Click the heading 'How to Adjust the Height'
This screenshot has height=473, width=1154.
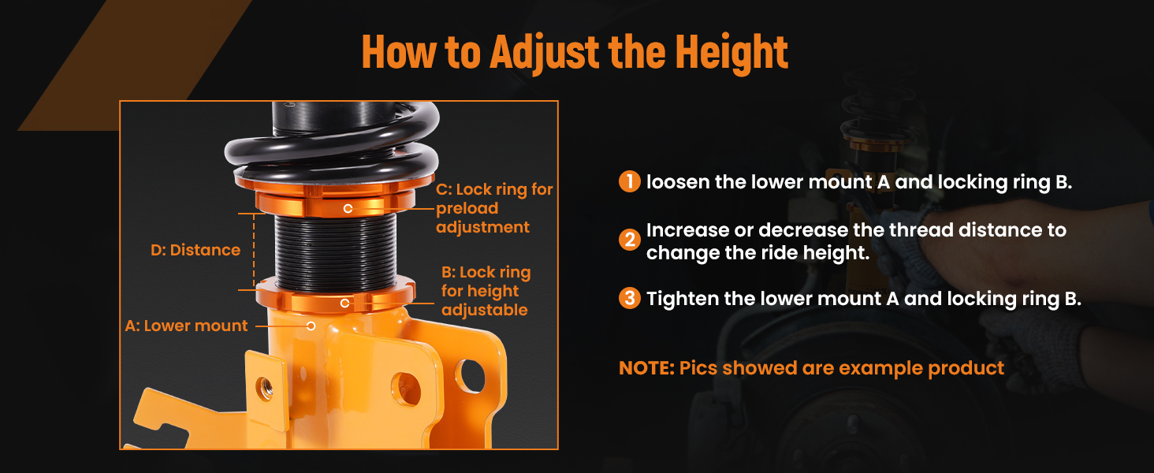(x=575, y=52)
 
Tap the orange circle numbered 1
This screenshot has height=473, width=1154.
(x=630, y=181)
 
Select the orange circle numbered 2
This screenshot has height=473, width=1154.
(x=630, y=240)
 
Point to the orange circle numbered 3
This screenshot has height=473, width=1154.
(x=630, y=298)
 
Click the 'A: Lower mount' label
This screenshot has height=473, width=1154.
(x=186, y=326)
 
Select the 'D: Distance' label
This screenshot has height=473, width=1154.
(x=195, y=250)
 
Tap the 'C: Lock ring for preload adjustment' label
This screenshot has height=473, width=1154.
(x=494, y=208)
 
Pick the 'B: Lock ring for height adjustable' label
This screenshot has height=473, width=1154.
(x=486, y=291)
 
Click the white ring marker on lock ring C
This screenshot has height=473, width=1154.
(x=348, y=209)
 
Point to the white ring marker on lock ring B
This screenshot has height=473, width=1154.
(x=345, y=304)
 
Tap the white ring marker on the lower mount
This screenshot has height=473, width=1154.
(x=311, y=326)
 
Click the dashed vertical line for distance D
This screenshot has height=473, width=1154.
(x=254, y=251)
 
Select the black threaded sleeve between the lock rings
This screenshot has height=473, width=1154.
(x=335, y=252)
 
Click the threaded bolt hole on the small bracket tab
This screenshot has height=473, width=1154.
(x=266, y=388)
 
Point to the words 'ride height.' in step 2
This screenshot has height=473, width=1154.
(x=816, y=253)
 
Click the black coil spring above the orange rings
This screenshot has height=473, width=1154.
(x=333, y=144)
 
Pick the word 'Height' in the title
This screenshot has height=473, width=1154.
(x=731, y=52)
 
